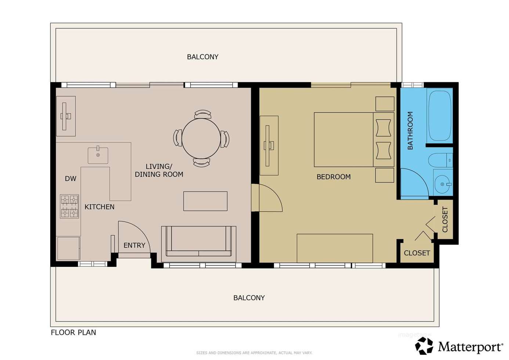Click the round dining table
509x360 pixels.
point(201,138)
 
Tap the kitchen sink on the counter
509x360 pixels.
point(98,155)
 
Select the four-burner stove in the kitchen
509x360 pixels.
point(69,206)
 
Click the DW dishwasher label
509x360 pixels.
point(71,179)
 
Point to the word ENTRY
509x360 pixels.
point(134,245)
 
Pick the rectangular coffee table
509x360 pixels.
point(205,201)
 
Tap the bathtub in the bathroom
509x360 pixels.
point(440,116)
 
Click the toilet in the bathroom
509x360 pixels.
point(440,160)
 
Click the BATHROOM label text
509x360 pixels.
point(410,130)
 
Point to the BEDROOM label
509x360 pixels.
point(333,177)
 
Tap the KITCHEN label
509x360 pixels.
point(99,207)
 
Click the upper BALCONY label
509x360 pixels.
point(202,57)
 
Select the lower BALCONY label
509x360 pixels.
point(249,298)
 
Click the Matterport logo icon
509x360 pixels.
point(424,346)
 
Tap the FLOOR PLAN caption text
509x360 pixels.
point(73,332)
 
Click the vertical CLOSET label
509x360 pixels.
point(445,219)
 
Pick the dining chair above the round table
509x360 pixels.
point(203,114)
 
